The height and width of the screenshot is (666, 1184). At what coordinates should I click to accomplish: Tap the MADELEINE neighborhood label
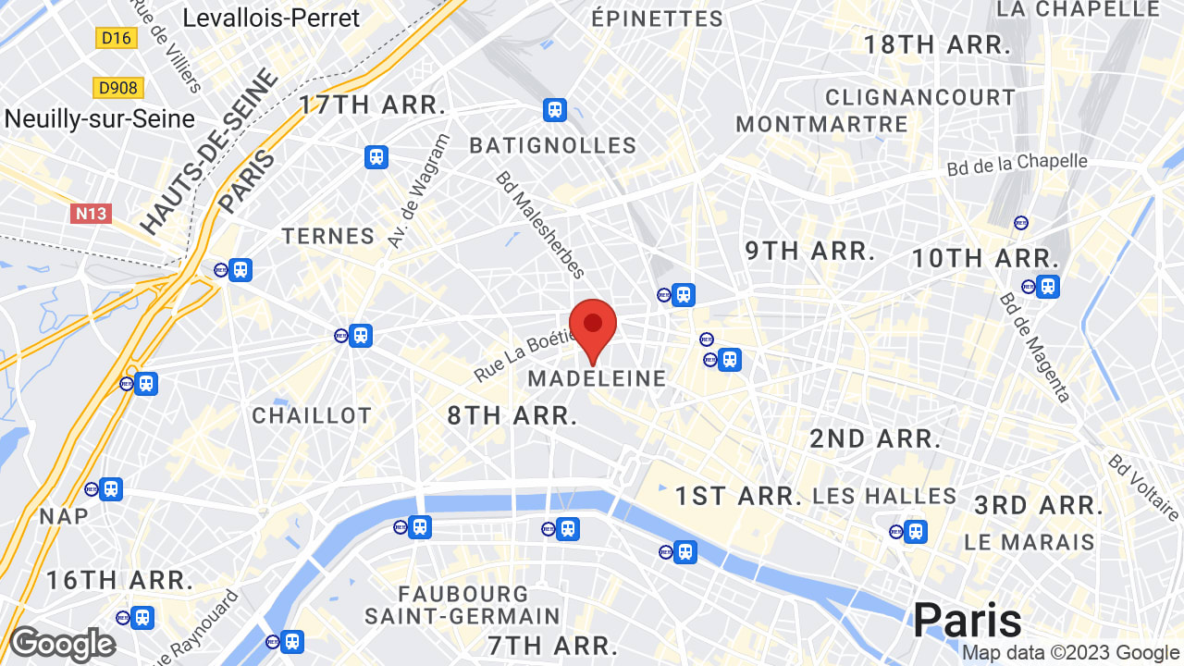click(x=597, y=378)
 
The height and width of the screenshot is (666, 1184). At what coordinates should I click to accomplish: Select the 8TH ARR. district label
click(x=512, y=415)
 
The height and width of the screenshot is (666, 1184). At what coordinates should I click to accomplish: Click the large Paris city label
click(x=968, y=619)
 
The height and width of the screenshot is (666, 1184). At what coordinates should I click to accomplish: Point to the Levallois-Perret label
click(x=271, y=18)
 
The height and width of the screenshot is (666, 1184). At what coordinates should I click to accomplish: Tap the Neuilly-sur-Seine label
click(x=100, y=118)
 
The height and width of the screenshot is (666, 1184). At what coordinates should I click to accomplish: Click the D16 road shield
click(x=117, y=38)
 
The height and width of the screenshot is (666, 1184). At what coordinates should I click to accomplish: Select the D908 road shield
click(x=118, y=88)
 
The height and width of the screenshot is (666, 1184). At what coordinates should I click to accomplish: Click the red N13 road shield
click(x=91, y=214)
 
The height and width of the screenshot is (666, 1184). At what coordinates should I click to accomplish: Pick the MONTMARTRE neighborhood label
click(x=821, y=124)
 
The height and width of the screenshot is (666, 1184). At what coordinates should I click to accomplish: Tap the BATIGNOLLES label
click(x=553, y=145)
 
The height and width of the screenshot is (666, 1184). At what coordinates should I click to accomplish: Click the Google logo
click(x=62, y=645)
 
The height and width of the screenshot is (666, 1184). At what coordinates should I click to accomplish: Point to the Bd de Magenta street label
click(x=1035, y=347)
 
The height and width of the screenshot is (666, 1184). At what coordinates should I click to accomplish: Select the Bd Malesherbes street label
click(x=540, y=225)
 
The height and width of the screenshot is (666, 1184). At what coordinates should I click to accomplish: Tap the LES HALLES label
click(x=884, y=496)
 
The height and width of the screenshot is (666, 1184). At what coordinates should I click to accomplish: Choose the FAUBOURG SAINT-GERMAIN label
click(x=462, y=604)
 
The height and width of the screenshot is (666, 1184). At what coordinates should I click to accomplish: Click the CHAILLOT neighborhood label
click(x=312, y=415)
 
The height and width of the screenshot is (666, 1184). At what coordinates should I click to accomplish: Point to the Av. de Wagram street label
click(x=418, y=191)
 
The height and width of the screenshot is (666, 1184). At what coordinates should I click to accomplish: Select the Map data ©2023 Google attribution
click(x=1070, y=653)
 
